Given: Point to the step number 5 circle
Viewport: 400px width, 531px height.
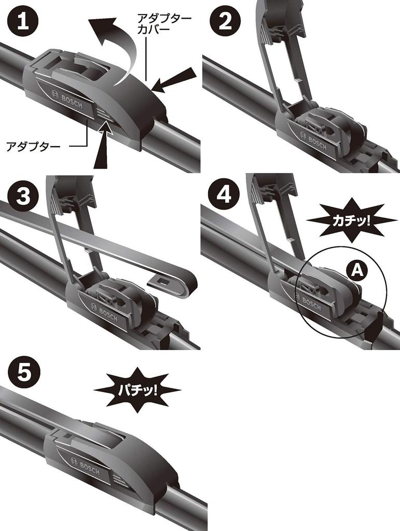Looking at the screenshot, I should click(21, 373).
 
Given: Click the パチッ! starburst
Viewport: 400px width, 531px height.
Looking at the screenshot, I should click(137, 389).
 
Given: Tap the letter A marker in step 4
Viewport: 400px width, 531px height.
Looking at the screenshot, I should click(355, 270).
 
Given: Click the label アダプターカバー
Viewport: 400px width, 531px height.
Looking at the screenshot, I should click(163, 23).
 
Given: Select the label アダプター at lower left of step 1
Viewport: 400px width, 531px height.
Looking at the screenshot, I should click(33, 147).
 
